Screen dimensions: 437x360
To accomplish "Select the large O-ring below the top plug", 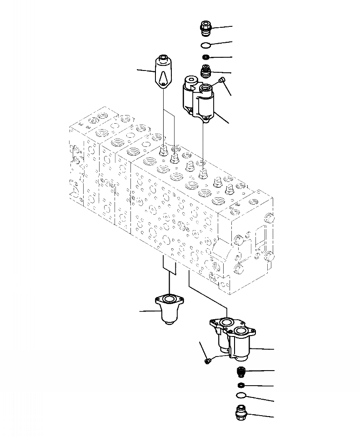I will tap(206, 45).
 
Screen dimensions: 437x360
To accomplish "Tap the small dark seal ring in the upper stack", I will tap(206, 57).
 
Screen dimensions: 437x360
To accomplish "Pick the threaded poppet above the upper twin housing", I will tap(207, 71).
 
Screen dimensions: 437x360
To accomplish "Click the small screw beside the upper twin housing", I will tap(221, 81).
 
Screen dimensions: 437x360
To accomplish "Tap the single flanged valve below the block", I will tap(169, 309).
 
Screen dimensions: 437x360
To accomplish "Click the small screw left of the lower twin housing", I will tap(208, 361).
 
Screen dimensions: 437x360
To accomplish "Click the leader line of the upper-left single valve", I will tap(147, 70).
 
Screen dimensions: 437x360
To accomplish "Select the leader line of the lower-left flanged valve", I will tap(148, 311).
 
